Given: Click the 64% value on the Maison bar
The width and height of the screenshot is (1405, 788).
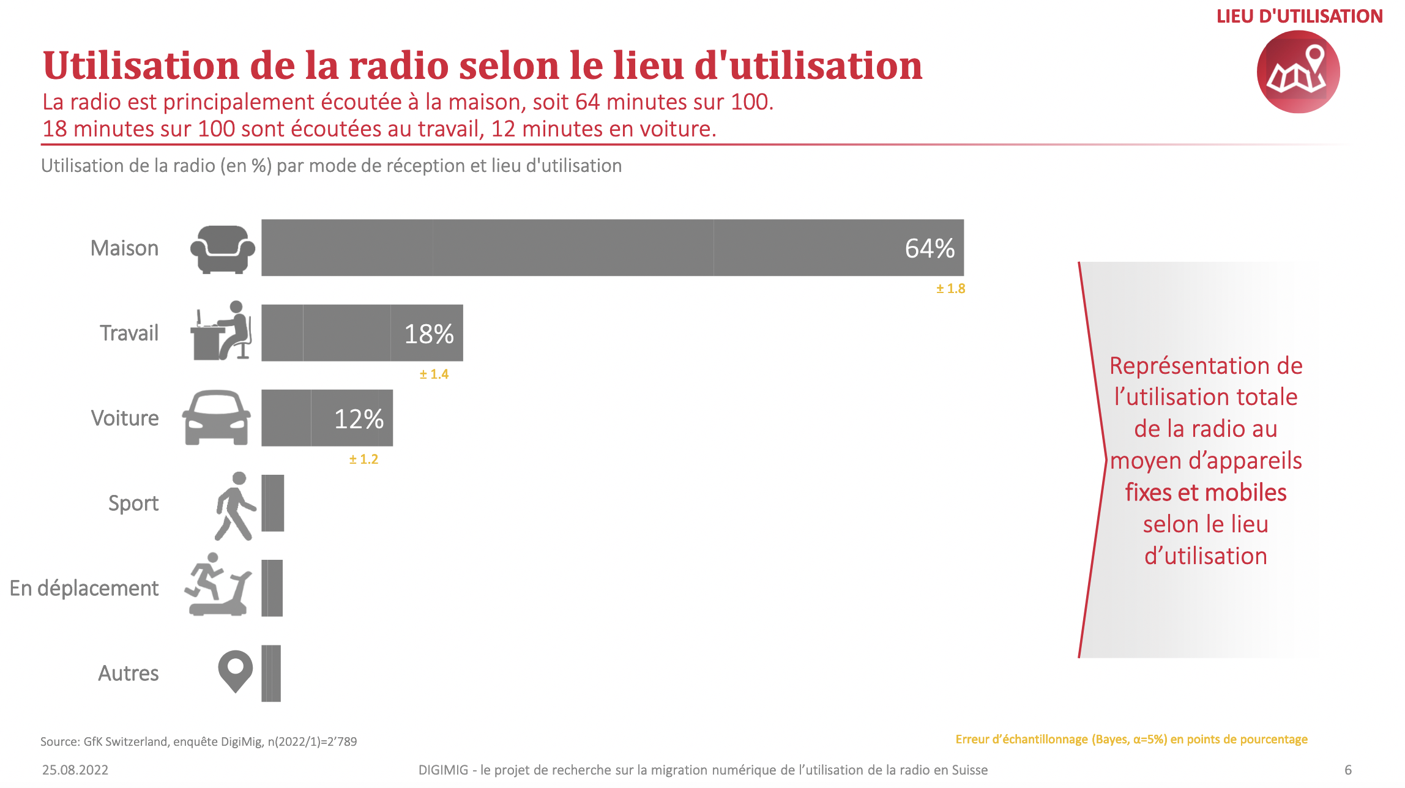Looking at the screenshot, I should (x=929, y=248).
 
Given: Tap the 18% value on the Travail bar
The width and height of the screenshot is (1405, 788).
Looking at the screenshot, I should (x=428, y=334).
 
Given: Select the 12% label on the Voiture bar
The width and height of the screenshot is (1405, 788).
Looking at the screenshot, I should (x=359, y=419).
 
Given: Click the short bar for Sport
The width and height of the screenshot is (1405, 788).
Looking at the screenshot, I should (x=273, y=503).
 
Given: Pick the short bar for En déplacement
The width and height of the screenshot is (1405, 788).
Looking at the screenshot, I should (x=272, y=588).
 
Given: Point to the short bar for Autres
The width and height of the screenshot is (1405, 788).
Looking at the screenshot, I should (x=271, y=673).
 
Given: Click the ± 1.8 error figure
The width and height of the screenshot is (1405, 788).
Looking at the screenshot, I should (x=950, y=289).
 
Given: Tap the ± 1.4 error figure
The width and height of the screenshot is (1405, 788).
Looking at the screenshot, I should (x=434, y=374).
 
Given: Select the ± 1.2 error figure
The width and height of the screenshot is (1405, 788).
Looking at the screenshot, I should (x=363, y=459).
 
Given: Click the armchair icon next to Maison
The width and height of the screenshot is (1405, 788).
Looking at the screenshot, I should (x=222, y=249).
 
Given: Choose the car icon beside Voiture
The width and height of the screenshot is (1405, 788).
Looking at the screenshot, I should (x=216, y=418).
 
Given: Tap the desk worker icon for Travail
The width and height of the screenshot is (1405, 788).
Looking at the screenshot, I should (x=221, y=331).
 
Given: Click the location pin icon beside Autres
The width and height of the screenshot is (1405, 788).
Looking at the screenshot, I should (x=236, y=671).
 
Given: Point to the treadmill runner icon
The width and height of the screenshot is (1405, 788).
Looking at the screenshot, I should (x=218, y=585).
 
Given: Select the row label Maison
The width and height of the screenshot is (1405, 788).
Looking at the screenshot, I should (x=124, y=248).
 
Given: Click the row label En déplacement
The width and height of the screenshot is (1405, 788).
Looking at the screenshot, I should (x=84, y=588).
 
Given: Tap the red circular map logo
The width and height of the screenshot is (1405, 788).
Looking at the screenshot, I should (x=1298, y=72).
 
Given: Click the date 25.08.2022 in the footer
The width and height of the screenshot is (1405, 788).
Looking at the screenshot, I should (x=75, y=770).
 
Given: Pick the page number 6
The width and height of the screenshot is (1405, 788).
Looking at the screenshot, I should (x=1347, y=770).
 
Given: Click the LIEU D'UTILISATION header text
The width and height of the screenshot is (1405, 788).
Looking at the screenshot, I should (x=1299, y=17).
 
